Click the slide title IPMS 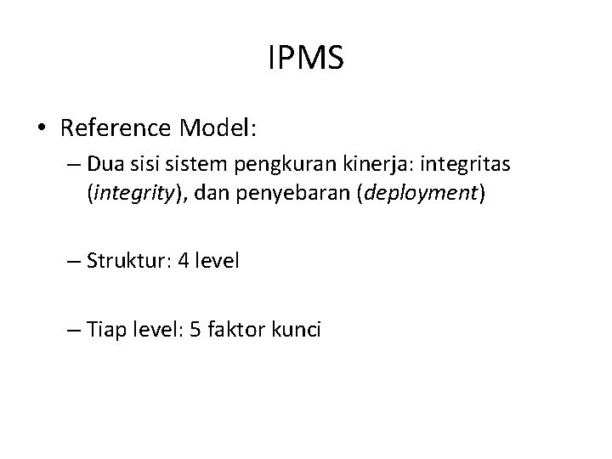pos(305,59)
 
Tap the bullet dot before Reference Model pos(42,129)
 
